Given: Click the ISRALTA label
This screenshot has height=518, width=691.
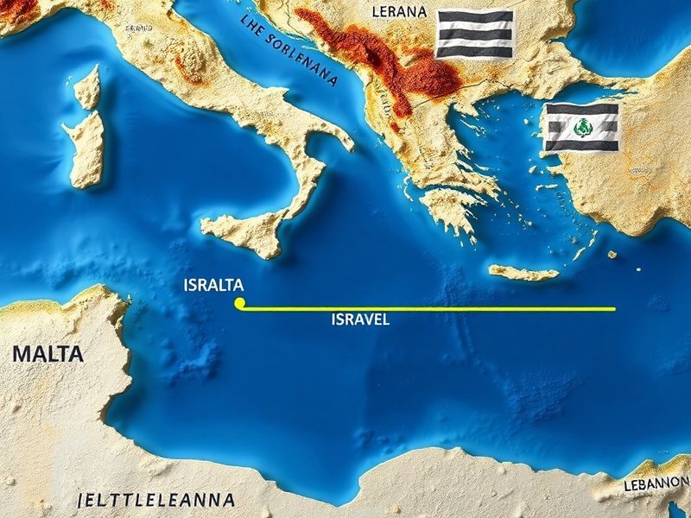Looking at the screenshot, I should pyautogui.click(x=213, y=285).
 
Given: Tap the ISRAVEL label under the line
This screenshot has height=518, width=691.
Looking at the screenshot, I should pyautogui.click(x=360, y=319).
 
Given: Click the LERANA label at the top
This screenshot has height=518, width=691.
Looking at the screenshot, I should pyautogui.click(x=398, y=12).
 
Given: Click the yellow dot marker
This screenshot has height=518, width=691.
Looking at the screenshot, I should pyautogui.click(x=240, y=303).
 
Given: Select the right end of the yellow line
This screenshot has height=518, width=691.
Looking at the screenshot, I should pyautogui.click(x=614, y=308).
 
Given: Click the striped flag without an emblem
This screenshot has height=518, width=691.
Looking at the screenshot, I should pyautogui.click(x=473, y=34).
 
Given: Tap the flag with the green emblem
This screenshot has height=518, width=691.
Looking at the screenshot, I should pyautogui.click(x=581, y=128).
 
